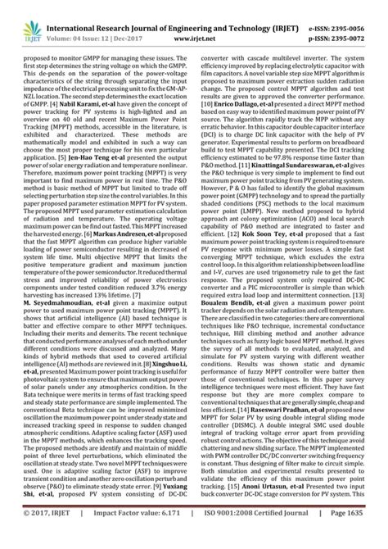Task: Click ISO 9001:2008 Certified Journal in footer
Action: point(260,533)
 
